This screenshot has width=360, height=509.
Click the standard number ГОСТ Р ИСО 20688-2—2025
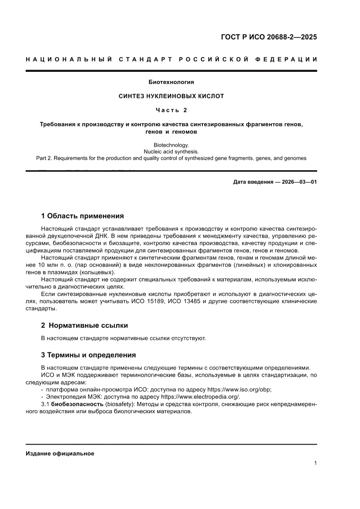[x=268, y=37]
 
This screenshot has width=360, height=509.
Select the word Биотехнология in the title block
[x=171, y=82]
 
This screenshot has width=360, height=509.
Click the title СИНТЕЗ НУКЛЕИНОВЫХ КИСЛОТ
[x=171, y=96]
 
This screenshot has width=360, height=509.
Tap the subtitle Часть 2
[x=171, y=110]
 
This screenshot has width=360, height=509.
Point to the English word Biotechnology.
[x=171, y=145]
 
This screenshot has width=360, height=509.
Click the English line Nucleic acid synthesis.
[x=171, y=151]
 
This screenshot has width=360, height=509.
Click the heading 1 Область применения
[x=82, y=216]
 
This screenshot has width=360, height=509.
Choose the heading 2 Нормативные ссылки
[x=84, y=325]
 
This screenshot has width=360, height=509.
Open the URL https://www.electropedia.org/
[x=200, y=397]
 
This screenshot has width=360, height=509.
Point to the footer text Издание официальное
[x=60, y=453]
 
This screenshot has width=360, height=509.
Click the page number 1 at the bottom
[x=315, y=463]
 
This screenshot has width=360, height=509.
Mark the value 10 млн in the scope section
[x=46, y=265]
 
